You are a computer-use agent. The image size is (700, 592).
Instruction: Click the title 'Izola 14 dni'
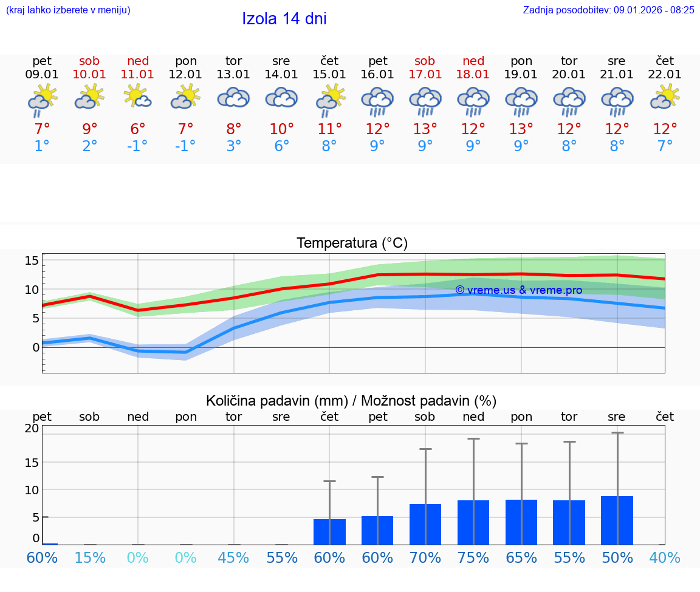point(284,19)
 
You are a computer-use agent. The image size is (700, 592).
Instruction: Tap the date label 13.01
point(233,75)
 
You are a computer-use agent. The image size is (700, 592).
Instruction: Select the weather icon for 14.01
point(281,98)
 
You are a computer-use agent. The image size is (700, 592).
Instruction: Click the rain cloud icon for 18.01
point(473,101)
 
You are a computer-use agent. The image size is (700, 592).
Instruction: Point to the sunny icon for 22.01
point(665,97)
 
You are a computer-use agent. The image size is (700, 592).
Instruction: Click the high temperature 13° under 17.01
point(425,129)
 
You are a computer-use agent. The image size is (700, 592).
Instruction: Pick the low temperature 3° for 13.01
point(233,146)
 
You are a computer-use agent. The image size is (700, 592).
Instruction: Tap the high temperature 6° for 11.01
point(138,129)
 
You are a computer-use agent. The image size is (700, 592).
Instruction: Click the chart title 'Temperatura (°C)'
point(352,243)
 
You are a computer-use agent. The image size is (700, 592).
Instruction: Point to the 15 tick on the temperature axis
point(32,260)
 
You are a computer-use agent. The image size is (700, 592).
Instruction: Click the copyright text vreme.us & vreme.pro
point(518,290)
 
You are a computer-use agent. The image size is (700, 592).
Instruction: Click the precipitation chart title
point(351,401)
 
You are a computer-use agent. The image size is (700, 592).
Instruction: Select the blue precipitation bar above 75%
point(473,522)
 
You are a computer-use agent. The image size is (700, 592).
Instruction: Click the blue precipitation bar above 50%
point(617,520)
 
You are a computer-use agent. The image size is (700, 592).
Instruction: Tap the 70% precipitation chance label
point(425,557)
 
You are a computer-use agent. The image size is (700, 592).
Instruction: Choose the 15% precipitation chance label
point(90,557)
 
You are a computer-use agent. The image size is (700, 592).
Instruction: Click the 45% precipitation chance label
point(233,557)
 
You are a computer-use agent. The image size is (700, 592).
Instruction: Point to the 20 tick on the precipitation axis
point(32,428)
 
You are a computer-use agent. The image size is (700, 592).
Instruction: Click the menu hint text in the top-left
point(68,10)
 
